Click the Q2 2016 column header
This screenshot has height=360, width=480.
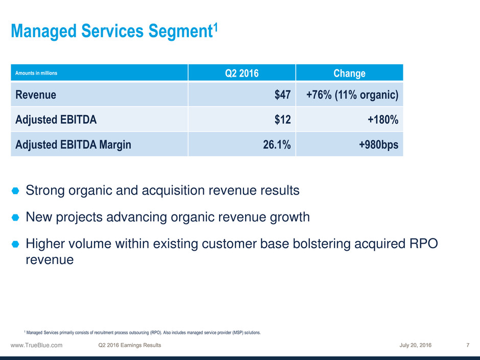point(242,73)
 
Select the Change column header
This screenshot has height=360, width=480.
point(349,73)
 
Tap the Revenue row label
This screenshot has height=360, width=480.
point(36,94)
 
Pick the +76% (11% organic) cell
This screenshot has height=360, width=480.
point(352,94)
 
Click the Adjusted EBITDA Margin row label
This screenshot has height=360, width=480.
point(73,145)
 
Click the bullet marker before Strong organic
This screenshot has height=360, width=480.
point(15,191)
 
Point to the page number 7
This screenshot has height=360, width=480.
point(468,345)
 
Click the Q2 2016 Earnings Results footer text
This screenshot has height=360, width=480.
point(130,345)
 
